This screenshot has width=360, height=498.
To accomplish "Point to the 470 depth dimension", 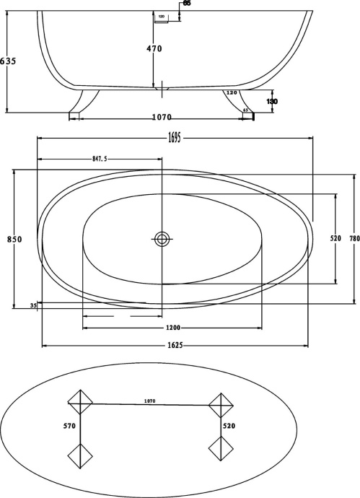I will pyautogui.click(x=154, y=49).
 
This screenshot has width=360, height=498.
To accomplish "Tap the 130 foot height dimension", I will pyautogui.click(x=272, y=102).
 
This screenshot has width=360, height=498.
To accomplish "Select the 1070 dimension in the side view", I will pyautogui.click(x=162, y=117).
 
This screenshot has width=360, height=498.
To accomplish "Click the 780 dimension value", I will pyautogui.click(x=354, y=239).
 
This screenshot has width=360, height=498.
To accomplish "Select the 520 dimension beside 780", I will pyautogui.click(x=335, y=238).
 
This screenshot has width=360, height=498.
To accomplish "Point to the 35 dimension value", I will pyautogui.click(x=33, y=306).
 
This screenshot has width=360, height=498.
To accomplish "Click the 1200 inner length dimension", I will pyautogui.click(x=171, y=327).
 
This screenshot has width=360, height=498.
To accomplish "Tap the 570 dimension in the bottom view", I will pyautogui.click(x=69, y=427).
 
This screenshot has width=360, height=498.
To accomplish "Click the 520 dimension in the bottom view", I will pyautogui.click(x=229, y=427).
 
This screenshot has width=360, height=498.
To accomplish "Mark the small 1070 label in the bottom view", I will pyautogui.click(x=149, y=401).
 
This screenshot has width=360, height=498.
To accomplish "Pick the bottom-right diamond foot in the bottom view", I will pyautogui.click(x=220, y=450).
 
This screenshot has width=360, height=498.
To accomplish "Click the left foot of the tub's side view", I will pyautogui.click(x=81, y=104).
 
